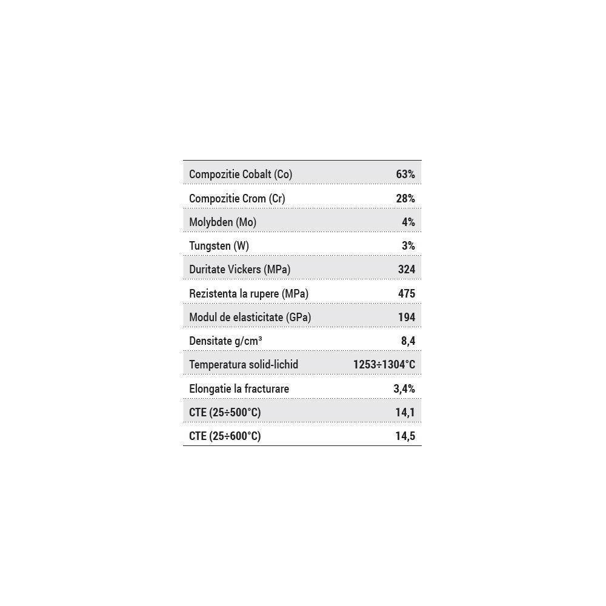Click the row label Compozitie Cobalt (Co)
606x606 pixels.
(241, 175)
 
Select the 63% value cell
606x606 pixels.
(405, 175)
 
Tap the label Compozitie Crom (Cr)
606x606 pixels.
(237, 198)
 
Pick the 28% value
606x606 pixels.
(405, 198)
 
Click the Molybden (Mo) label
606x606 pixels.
(222, 222)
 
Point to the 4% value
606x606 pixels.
(408, 222)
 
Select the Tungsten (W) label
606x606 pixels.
(219, 245)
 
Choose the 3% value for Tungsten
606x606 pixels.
(408, 245)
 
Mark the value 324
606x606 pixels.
(406, 270)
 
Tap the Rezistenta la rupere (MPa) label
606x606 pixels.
(249, 293)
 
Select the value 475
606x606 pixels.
(406, 293)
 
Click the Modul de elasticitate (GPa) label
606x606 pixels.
(250, 317)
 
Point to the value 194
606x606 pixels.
(406, 317)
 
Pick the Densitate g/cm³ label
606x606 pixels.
(225, 341)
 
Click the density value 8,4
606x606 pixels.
(408, 341)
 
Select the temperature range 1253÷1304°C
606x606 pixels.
(384, 365)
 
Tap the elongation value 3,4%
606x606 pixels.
(404, 388)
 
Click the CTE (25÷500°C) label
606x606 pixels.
(225, 413)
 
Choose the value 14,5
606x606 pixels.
(405, 436)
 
